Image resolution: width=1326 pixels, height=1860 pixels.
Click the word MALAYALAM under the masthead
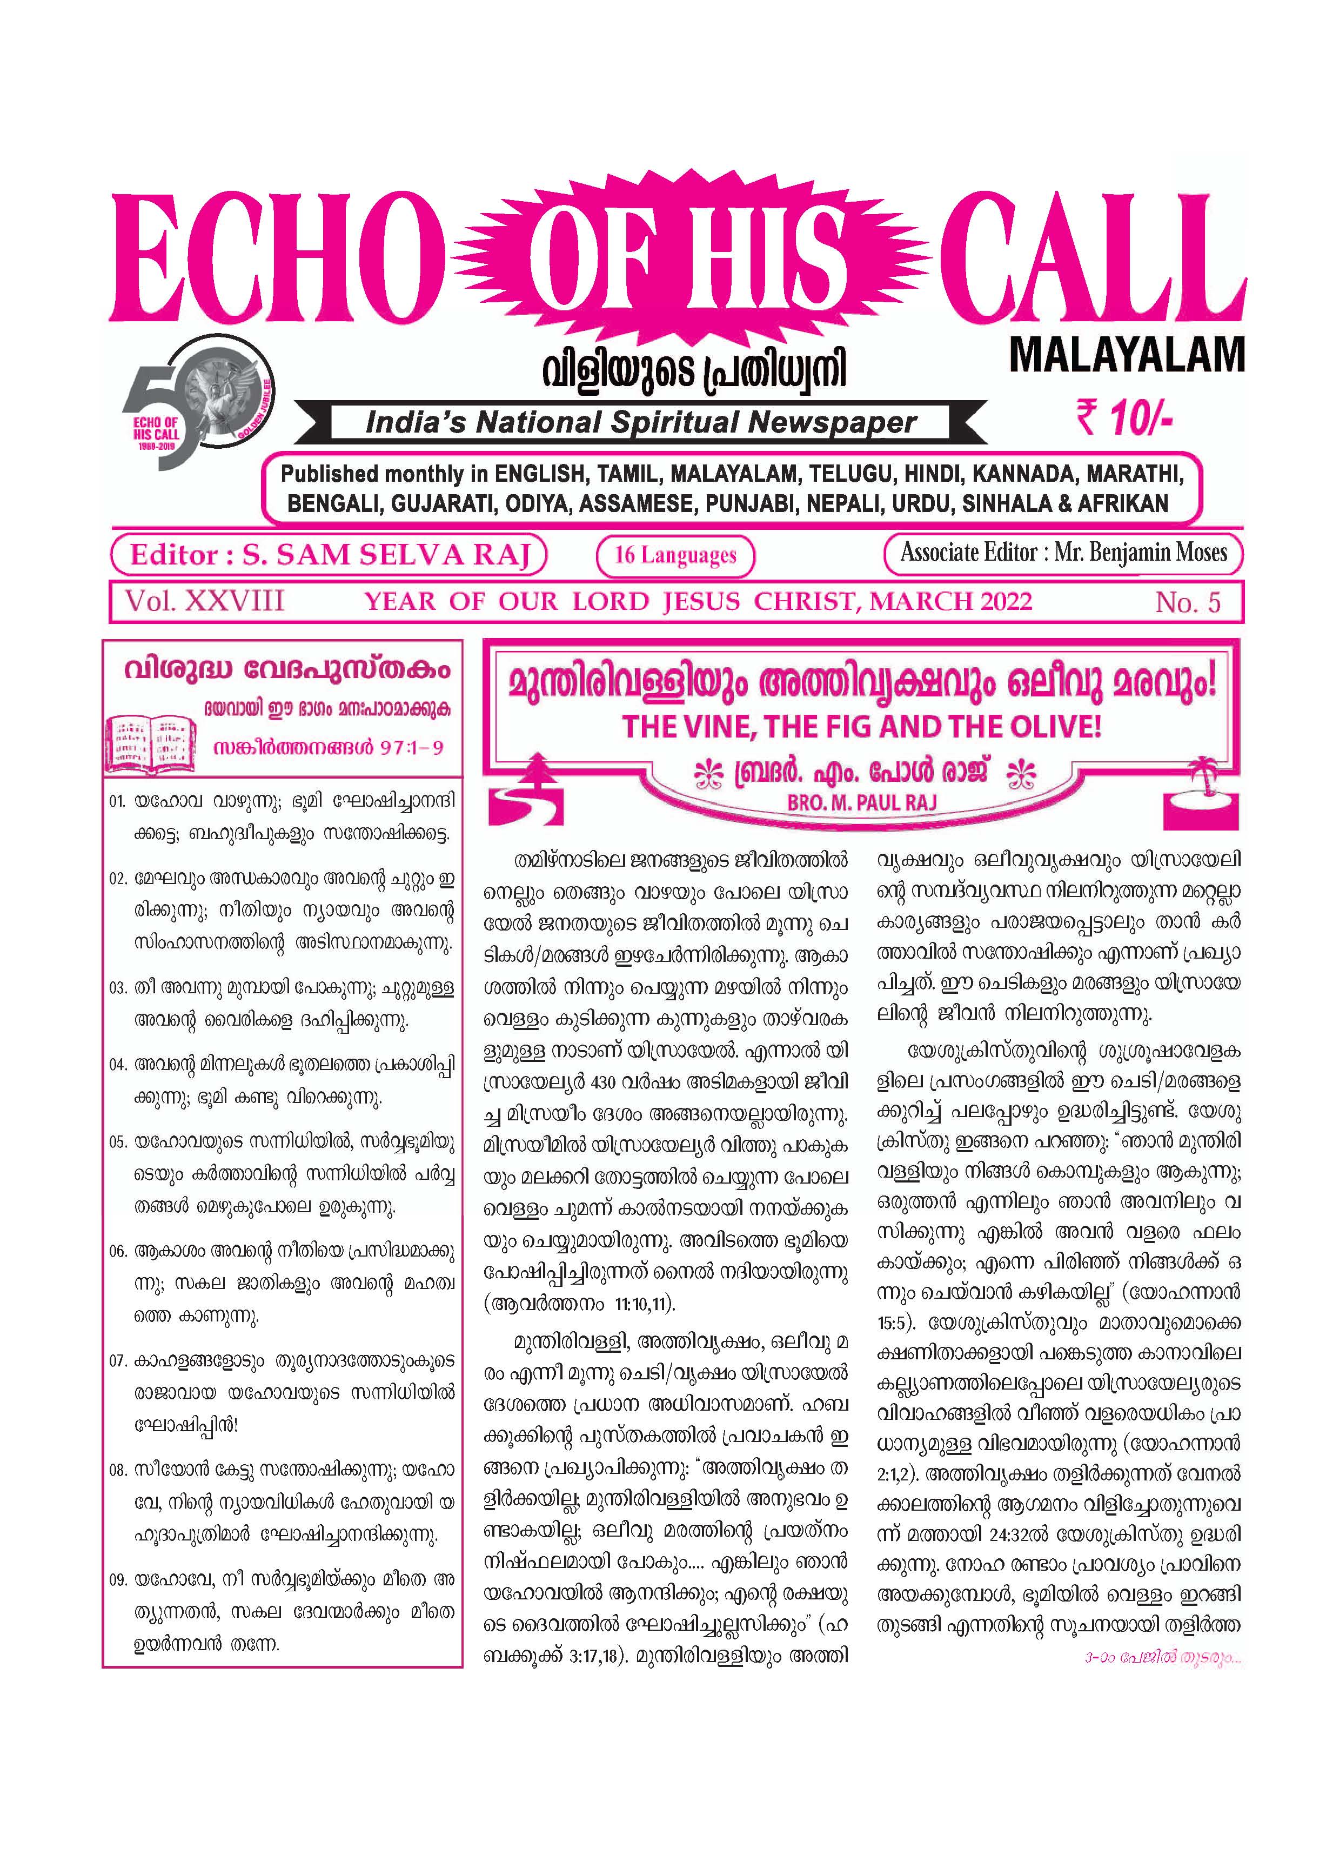click(1127, 355)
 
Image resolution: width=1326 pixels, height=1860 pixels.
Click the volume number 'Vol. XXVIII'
click(204, 602)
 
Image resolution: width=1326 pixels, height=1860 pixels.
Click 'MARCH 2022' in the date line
click(950, 602)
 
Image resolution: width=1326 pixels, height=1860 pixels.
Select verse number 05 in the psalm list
click(118, 1142)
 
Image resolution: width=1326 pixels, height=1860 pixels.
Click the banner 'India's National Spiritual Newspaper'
click(641, 422)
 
